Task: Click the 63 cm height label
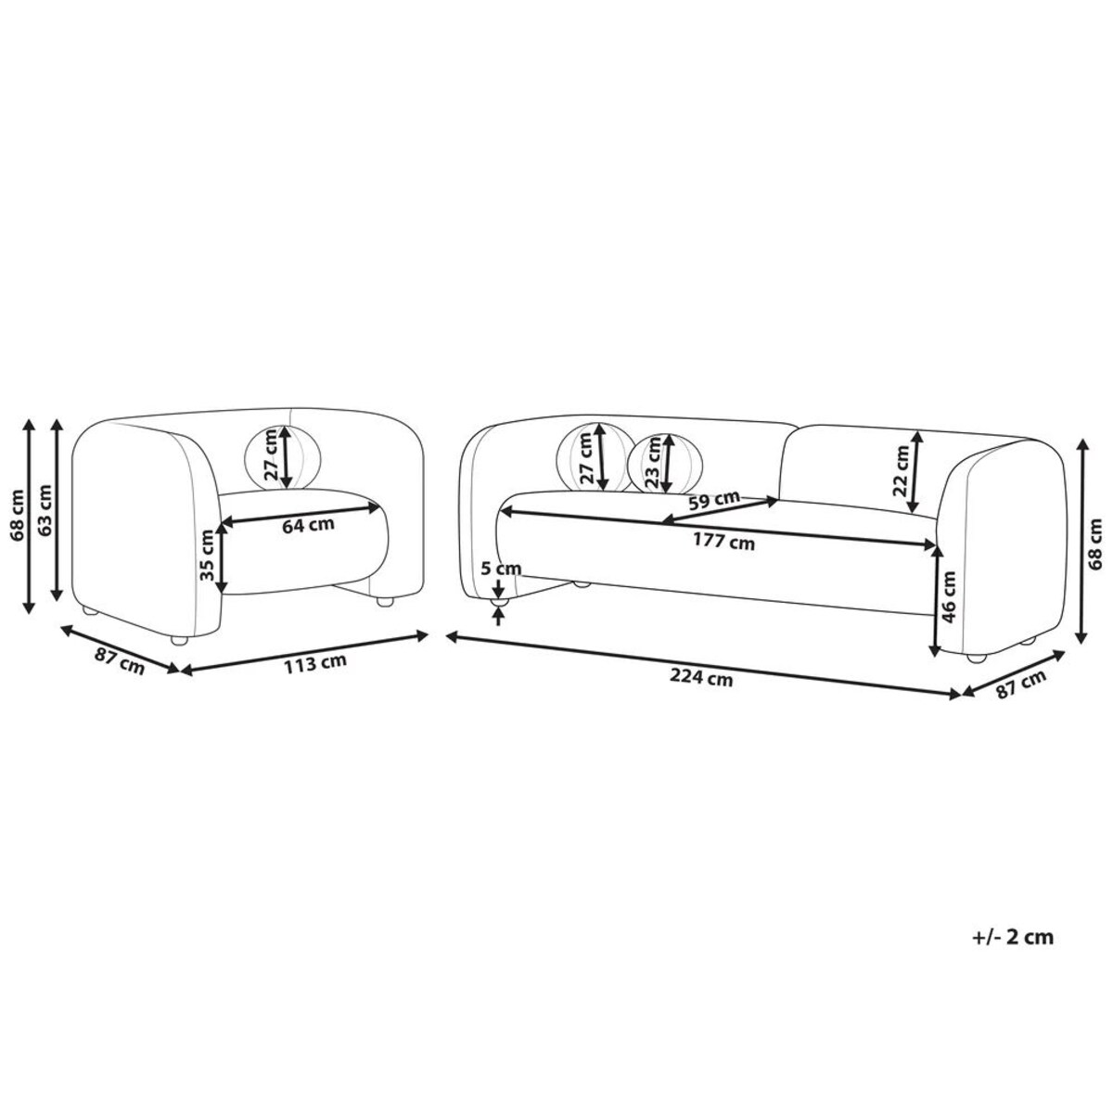(45, 508)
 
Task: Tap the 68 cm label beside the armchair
(18, 514)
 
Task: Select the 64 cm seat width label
(308, 525)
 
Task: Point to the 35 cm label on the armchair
(207, 556)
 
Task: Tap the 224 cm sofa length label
(701, 679)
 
